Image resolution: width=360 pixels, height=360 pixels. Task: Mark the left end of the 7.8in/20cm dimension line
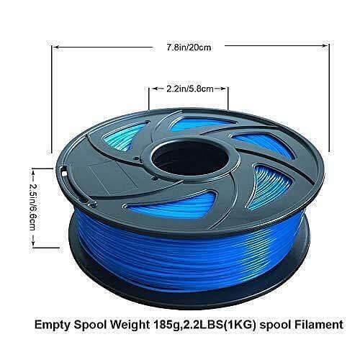click(50, 49)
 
